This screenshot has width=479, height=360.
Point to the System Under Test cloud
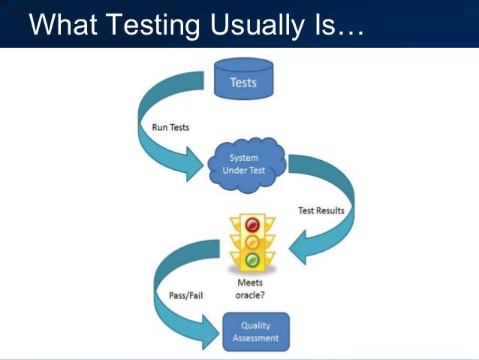tap(244, 164)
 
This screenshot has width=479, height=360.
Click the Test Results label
tap(320, 210)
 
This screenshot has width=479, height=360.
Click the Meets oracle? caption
tap(251, 289)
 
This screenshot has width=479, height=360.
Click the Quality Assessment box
tap(255, 331)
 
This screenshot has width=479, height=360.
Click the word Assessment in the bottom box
tap(255, 338)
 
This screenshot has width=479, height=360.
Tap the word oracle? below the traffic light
tap(251, 295)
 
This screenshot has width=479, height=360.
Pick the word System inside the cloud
tap(244, 158)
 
